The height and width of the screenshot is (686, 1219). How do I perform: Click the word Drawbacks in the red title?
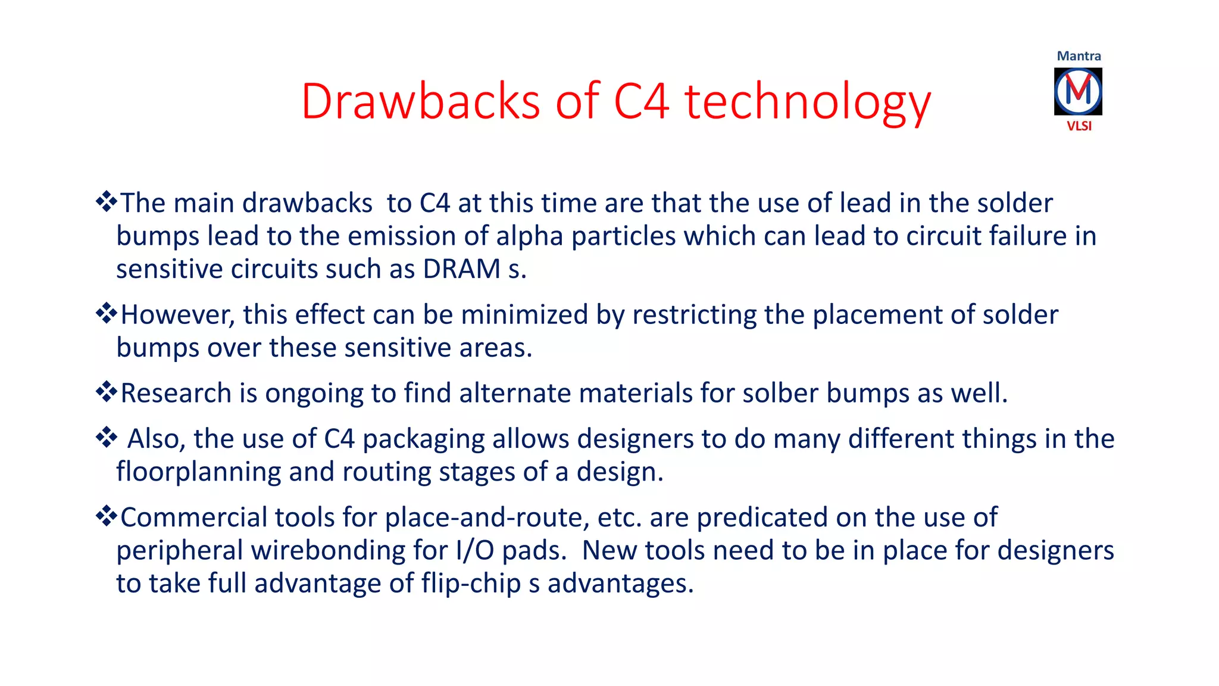421,101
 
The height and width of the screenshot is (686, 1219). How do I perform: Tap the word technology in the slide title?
808,102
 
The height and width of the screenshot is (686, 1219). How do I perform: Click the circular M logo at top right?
1078,92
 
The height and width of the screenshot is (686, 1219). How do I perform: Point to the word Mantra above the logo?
1079,56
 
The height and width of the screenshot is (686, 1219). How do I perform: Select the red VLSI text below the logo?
1079,126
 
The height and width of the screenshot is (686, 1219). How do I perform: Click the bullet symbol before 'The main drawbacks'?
106,202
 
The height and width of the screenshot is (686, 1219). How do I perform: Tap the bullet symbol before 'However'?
106,313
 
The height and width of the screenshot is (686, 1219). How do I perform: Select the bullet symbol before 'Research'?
106,392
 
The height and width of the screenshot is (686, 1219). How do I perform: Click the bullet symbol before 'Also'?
106,438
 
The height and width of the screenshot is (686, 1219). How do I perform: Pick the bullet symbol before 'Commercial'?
106,516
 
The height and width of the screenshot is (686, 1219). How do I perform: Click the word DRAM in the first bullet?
461,269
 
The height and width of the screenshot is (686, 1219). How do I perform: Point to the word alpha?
529,236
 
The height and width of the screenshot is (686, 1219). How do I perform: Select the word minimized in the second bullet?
524,314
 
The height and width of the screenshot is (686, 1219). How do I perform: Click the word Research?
176,393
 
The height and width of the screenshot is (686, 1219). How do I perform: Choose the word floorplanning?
199,472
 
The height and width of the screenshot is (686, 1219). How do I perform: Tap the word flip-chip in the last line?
471,584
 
